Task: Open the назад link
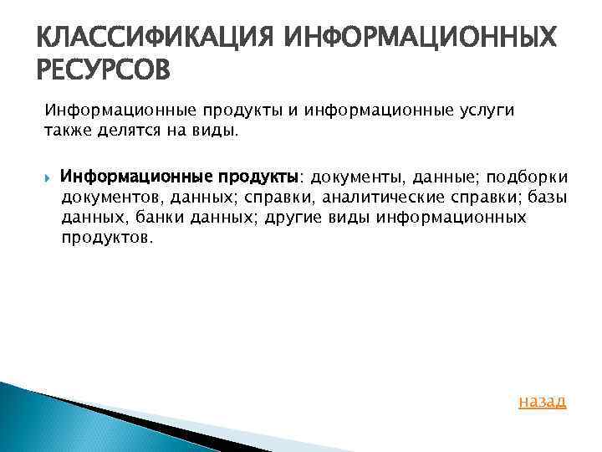[x=543, y=401]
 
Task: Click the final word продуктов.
[x=107, y=238]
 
